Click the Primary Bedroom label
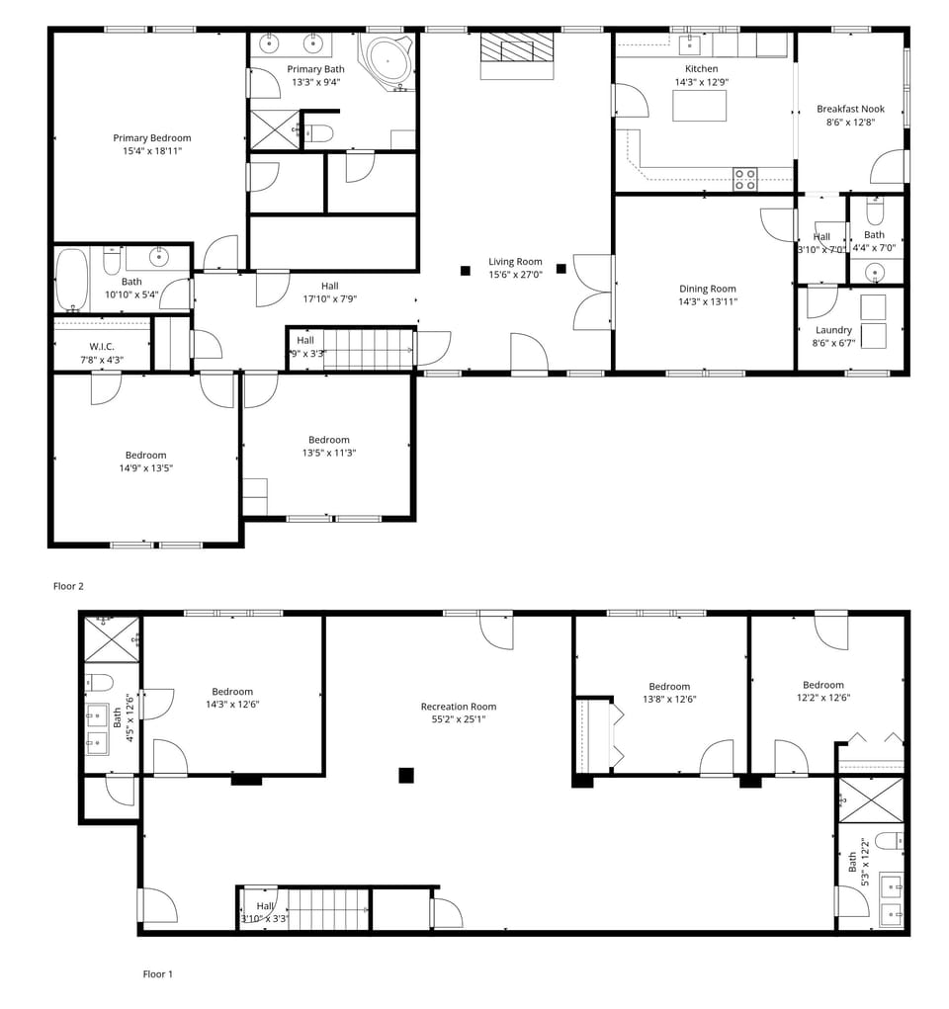pyautogui.click(x=151, y=138)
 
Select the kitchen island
pyautogui.click(x=699, y=105)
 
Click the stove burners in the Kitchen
pyautogui.click(x=744, y=179)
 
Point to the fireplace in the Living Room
pyautogui.click(x=517, y=54)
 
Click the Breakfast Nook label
pyautogui.click(x=850, y=109)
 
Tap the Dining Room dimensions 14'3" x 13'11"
pyautogui.click(x=708, y=301)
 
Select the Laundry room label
pyautogui.click(x=833, y=330)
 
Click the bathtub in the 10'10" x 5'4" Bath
pyautogui.click(x=72, y=280)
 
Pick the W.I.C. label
pyautogui.click(x=103, y=346)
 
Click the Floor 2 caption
pyautogui.click(x=68, y=586)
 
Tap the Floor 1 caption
pyautogui.click(x=158, y=973)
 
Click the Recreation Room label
pyautogui.click(x=458, y=707)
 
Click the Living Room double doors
pyautogui.click(x=591, y=293)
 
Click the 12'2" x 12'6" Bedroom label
pyautogui.click(x=822, y=685)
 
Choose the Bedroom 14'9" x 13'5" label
pyautogui.click(x=145, y=456)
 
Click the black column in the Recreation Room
pyautogui.click(x=405, y=776)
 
